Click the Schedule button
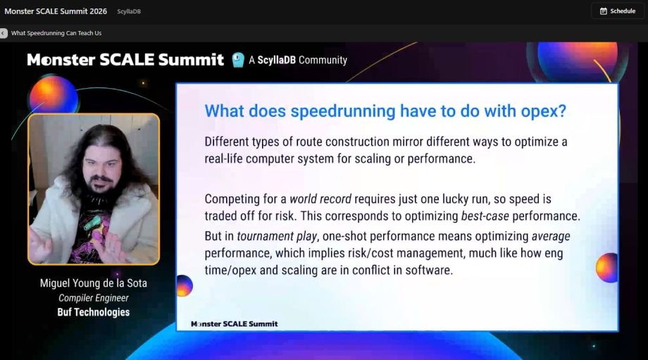(x=618, y=11)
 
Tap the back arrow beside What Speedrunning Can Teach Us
(x=4, y=33)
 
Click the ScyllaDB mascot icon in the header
(x=238, y=60)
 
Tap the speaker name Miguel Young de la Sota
(x=94, y=284)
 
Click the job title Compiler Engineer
(x=94, y=298)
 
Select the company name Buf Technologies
(x=94, y=312)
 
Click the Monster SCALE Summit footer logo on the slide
(x=235, y=324)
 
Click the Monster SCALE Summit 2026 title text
(x=56, y=11)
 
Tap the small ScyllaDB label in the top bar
(x=128, y=11)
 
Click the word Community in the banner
(x=323, y=60)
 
